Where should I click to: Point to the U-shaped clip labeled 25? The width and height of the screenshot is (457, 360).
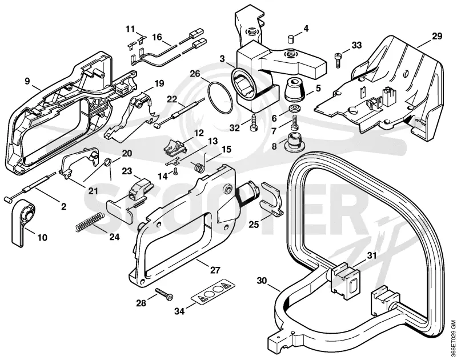coord(272,199)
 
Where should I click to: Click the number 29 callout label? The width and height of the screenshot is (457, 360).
coord(436,36)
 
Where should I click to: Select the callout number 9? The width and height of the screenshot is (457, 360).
coord(27,81)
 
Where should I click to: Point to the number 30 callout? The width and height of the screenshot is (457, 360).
coord(262,281)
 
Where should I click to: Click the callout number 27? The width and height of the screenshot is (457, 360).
coord(215,270)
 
